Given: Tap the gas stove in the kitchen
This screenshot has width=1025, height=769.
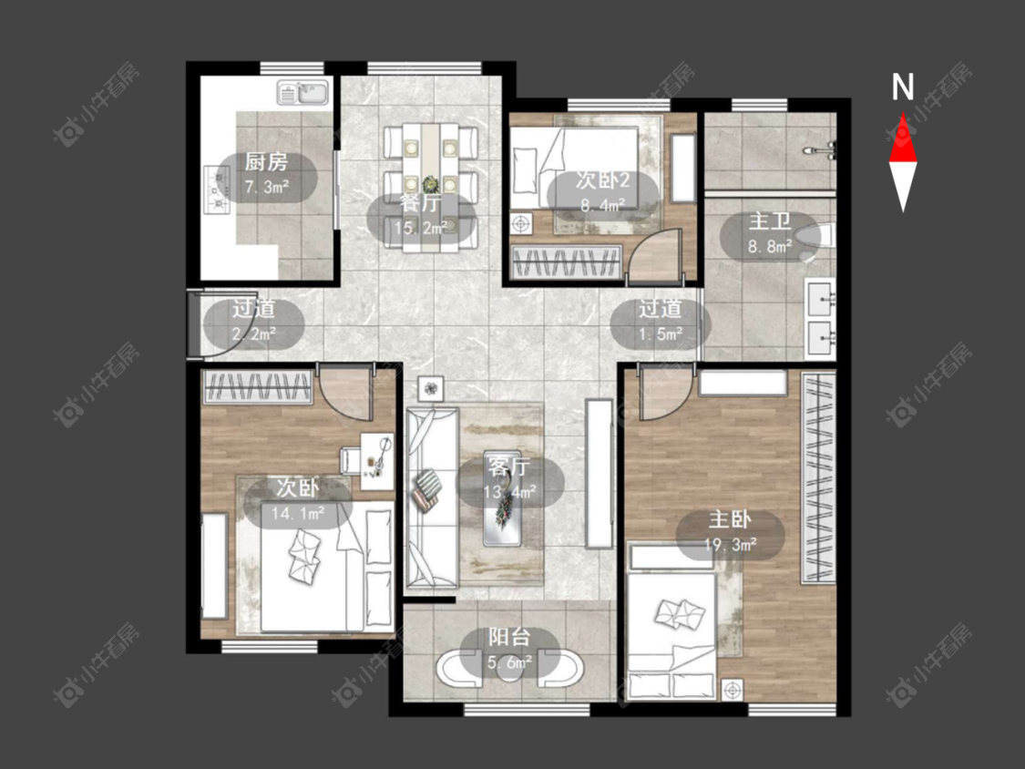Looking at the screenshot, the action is tap(218, 190).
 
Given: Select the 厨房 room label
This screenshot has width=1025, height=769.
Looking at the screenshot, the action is tap(266, 161).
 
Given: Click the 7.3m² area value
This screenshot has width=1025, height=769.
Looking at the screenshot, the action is tap(267, 187).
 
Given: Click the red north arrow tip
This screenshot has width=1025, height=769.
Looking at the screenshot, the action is tap(903, 114).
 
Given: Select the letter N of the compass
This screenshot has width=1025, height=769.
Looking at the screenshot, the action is tap(903, 87).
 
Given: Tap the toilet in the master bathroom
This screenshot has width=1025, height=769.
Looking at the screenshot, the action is tap(818, 240).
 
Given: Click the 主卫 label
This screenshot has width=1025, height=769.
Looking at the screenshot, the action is tap(770, 221).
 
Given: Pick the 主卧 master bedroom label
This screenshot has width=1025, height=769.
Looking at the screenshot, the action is tap(730, 519).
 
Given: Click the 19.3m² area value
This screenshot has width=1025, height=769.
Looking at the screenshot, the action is tap(730, 544).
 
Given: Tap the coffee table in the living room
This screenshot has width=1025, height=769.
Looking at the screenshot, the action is tap(503, 498).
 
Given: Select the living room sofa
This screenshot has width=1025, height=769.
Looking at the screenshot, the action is tap(432, 498).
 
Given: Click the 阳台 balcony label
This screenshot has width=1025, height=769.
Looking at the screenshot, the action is tap(509, 638).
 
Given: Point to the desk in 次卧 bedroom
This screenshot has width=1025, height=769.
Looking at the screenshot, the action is tap(377, 461).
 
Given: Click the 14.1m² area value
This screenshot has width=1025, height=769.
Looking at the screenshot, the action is tap(297, 513).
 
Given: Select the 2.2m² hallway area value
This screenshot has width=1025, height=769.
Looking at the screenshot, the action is tap(253, 334).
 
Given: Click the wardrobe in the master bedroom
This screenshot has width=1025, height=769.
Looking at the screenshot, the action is tap(818, 477).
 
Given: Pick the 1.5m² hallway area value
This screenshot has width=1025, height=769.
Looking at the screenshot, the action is tap(661, 334).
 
